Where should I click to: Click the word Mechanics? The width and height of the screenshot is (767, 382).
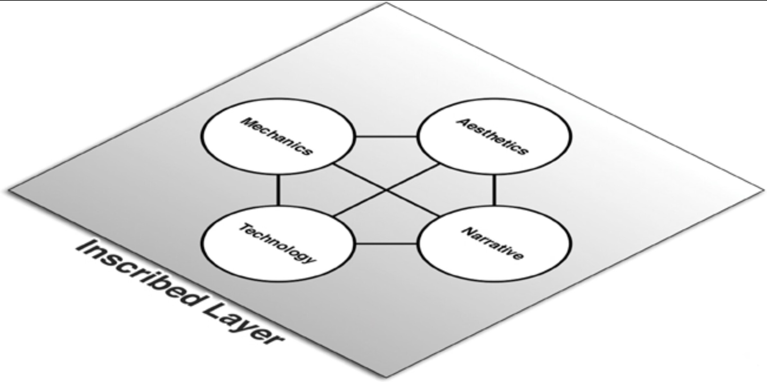pos(276,136)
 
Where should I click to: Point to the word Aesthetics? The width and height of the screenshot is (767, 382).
pos(493,136)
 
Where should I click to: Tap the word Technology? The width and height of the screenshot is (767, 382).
pos(277,244)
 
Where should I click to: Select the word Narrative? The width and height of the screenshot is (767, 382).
pos(492,244)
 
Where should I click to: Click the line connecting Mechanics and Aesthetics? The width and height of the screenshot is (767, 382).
pos(386,137)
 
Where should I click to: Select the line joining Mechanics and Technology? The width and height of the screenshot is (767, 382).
pos(278,190)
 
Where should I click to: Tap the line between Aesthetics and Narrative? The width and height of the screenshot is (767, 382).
pos(494,190)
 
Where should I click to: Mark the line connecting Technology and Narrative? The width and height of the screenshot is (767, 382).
pos(386,244)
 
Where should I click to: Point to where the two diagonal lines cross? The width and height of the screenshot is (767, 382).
pos(386,190)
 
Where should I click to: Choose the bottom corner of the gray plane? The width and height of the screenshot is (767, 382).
pos(386,377)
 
